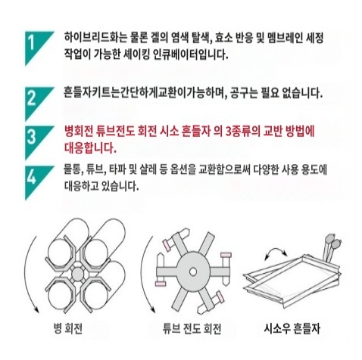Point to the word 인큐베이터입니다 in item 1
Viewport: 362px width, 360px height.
pos(190,54)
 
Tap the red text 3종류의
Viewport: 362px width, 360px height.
pos(242,132)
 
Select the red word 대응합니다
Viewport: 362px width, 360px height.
pos(90,148)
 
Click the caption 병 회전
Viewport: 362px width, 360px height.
pos(68,328)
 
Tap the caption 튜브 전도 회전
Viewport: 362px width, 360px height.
pos(192,328)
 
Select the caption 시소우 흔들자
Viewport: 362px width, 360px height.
pos(292,328)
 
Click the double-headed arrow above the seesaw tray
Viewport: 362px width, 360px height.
pos(276,250)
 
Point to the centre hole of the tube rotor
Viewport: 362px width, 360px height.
pos(193,272)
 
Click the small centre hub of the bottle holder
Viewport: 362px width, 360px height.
pos(77,274)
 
